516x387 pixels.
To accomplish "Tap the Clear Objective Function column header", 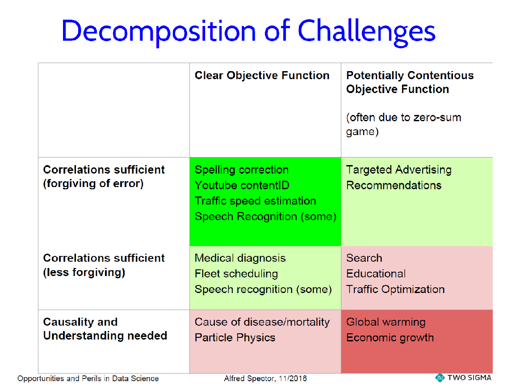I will tap(262, 76).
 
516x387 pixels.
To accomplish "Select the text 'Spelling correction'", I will tap(241, 170).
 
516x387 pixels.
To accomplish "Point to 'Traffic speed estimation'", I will tap(255, 201).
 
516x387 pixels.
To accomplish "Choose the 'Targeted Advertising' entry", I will tap(399, 170).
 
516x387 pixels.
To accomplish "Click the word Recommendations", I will tap(394, 186).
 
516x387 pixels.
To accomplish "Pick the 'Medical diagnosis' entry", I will tap(240, 258).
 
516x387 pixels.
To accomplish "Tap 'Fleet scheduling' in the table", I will tap(236, 274).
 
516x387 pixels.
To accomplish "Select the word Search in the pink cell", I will tap(364, 258).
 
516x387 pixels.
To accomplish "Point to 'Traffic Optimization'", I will tap(395, 289).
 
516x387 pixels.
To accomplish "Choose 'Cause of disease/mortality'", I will tap(262, 322).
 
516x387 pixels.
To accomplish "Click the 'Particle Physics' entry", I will tap(235, 338).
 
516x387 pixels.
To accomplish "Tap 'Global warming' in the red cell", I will tap(386, 322).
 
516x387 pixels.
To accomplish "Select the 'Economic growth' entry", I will tap(390, 338).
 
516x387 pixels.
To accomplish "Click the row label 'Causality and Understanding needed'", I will tap(105, 329).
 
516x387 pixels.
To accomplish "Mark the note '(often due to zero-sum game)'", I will tap(403, 125).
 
